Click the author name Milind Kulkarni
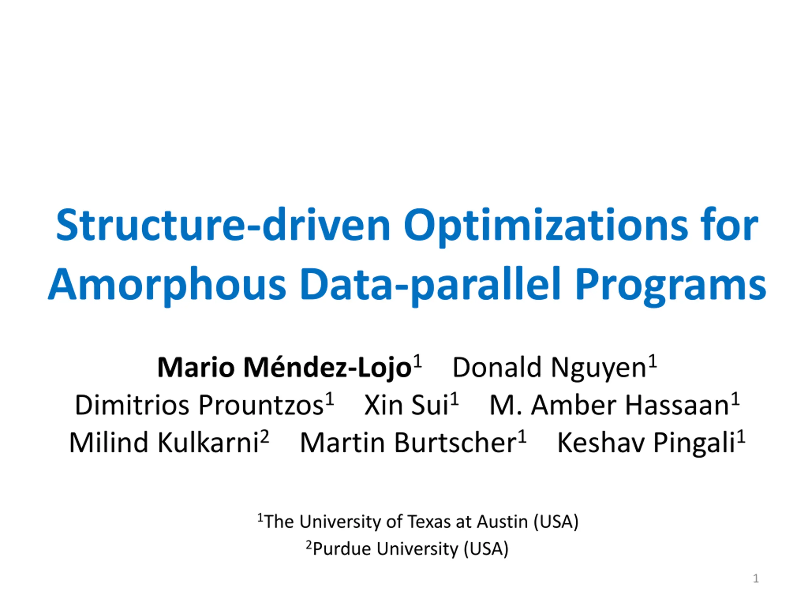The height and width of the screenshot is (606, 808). click(164, 443)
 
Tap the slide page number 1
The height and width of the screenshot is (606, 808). click(756, 579)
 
